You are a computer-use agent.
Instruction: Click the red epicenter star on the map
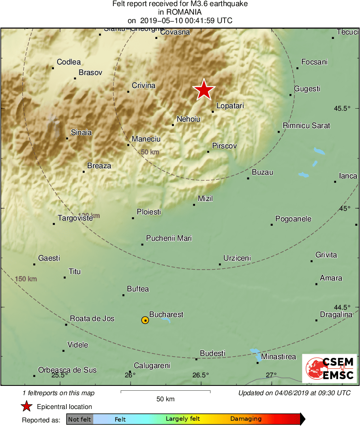[x=204, y=90]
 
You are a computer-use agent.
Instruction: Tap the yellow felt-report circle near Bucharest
[x=145, y=320]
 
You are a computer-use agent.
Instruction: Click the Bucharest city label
[x=166, y=315]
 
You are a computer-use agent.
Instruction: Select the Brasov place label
[x=90, y=73]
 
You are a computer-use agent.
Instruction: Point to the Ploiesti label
[x=149, y=212]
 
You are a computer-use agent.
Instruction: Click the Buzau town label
[x=262, y=172]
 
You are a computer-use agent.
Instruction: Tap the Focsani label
[x=314, y=62]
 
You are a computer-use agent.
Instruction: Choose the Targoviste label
[x=75, y=218]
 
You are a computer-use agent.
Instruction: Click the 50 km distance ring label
[x=150, y=152]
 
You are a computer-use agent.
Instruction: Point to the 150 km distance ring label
[x=26, y=279]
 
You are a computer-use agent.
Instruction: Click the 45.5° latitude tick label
[x=341, y=109]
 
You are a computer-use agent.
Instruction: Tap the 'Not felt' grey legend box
[x=79, y=419]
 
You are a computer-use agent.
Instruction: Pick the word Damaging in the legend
[x=246, y=419]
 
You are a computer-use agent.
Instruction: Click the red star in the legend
[x=27, y=407]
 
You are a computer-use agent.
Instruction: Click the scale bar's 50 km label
[x=165, y=399]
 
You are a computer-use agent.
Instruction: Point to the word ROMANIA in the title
[x=180, y=12]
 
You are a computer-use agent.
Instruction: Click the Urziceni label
[x=237, y=258]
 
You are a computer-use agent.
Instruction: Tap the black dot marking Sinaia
[x=67, y=139]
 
